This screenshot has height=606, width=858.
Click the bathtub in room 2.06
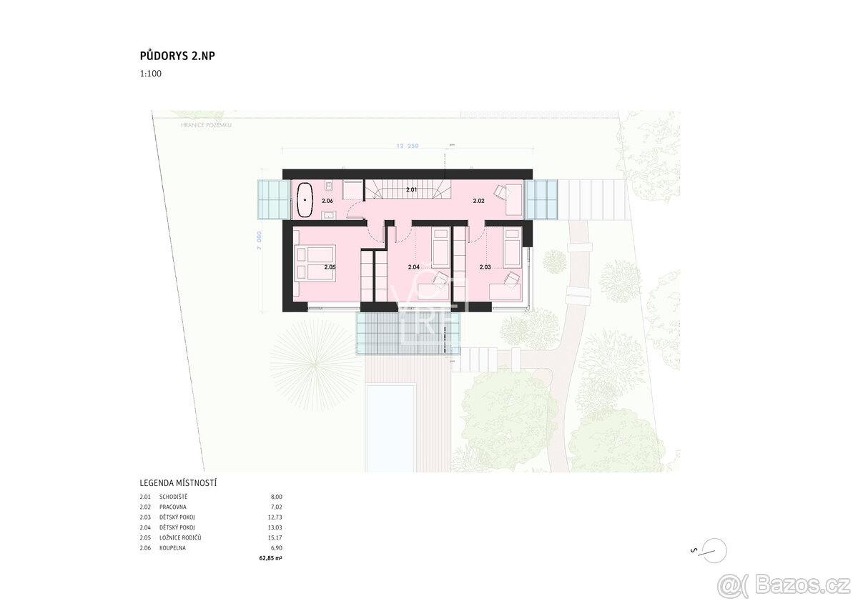pos(305,199)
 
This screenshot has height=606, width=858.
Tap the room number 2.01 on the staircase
pos(411,190)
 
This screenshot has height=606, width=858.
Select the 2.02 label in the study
pos(479,202)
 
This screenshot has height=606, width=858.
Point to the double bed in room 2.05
pos(315,262)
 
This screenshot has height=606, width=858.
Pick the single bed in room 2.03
pos(511,248)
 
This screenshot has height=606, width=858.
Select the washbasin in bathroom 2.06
pos(328,213)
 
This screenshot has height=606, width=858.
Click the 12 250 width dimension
pos(408,146)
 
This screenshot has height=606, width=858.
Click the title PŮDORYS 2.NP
pos(177,56)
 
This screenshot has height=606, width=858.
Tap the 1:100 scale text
pos(150,73)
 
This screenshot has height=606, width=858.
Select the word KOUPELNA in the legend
pos(174,547)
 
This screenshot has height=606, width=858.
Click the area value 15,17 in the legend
pos(276,537)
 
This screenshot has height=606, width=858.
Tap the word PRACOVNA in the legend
pos(173,507)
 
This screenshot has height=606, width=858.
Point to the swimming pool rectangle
pos(390,427)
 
